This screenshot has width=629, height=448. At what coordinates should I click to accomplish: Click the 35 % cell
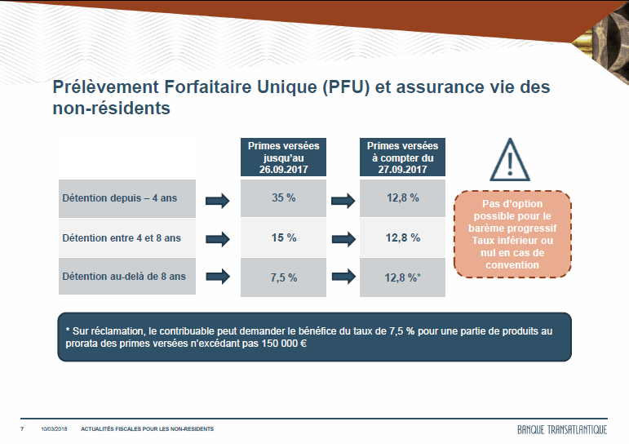coord(283,198)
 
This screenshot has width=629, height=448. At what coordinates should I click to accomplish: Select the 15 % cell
coord(283,237)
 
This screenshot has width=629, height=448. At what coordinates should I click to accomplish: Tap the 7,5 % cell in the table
coord(283,277)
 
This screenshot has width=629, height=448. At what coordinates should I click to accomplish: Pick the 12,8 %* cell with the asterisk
coord(402,277)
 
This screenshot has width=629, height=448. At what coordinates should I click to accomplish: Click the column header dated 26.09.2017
coord(283,157)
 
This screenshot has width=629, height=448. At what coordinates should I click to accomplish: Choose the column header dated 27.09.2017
coord(402,157)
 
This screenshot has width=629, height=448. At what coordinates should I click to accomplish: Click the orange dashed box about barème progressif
coord(512,234)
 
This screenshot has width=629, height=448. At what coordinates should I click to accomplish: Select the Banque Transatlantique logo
coord(562,429)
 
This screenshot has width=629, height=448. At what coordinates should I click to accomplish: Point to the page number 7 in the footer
coord(22,429)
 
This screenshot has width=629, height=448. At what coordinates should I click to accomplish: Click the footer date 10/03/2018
coord(54,429)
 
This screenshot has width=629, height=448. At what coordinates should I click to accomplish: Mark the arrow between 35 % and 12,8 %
coord(343,201)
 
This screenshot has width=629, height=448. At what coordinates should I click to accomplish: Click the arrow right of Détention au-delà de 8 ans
coord(218,277)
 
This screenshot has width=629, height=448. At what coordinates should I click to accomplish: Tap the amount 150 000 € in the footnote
coord(285,344)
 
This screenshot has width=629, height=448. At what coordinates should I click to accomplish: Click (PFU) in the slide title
coord(346,87)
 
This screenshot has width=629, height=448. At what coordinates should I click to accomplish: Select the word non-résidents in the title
coord(112,109)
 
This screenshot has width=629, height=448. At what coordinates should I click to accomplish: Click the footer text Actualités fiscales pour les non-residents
coord(147,429)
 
